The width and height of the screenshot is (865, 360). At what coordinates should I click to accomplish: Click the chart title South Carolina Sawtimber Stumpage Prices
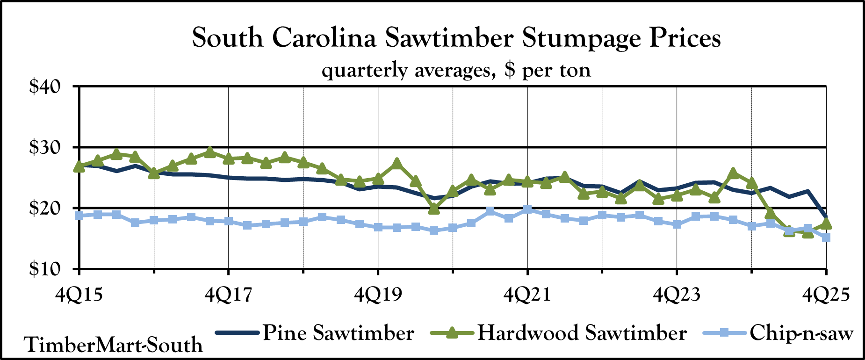click(x=456, y=38)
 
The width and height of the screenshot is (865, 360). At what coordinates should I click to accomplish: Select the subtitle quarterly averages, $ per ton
click(x=456, y=70)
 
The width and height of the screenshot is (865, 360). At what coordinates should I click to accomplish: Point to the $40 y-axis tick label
click(x=45, y=87)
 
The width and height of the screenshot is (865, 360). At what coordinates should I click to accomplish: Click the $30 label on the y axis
click(x=45, y=148)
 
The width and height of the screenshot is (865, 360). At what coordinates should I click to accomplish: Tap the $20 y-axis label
click(x=45, y=209)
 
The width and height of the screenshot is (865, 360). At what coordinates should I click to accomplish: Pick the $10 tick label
click(x=45, y=270)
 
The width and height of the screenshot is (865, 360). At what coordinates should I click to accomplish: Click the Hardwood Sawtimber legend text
click(x=582, y=333)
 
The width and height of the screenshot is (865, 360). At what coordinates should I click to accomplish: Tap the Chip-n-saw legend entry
click(x=801, y=333)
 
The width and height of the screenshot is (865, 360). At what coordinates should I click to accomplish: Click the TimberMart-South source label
click(x=114, y=345)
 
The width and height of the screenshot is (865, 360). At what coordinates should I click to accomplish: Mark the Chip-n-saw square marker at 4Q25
click(x=826, y=238)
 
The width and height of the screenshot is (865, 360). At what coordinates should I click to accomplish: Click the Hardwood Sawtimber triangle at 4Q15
click(x=79, y=166)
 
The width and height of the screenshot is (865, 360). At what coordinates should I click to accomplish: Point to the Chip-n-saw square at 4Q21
click(x=527, y=209)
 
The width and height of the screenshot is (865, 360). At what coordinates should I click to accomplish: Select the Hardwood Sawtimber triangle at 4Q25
click(x=826, y=224)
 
